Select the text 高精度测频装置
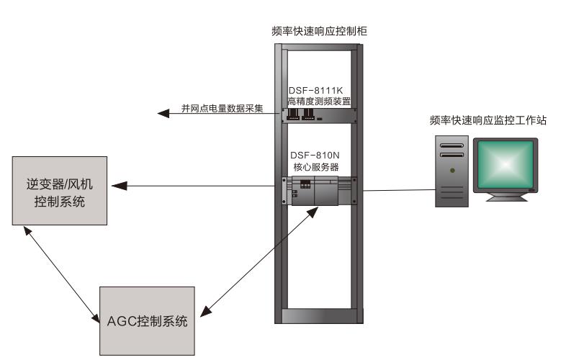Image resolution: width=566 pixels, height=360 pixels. (318, 102)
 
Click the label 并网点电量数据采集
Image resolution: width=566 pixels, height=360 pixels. (222, 109)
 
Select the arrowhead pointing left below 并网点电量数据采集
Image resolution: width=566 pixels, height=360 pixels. (163, 114)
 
